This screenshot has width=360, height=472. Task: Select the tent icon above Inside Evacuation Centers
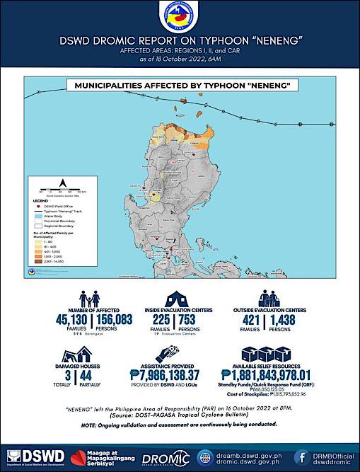179,298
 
